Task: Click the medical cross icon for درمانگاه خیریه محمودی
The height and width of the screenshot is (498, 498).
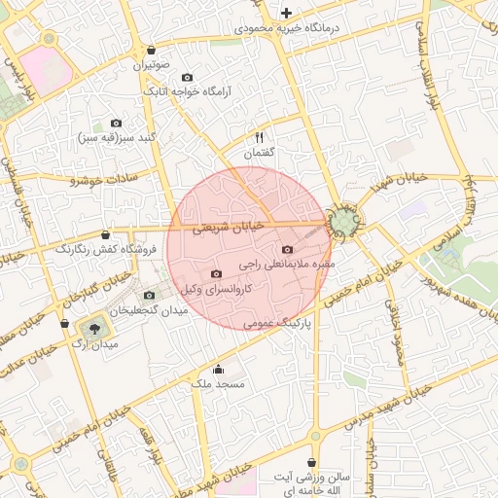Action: [x=286, y=13]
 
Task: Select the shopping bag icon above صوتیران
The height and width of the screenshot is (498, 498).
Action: [x=151, y=50]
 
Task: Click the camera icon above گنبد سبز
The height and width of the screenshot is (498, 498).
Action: [x=117, y=123]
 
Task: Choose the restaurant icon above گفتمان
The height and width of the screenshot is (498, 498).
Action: [x=259, y=137]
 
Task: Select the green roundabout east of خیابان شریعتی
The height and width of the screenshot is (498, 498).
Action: [x=342, y=223]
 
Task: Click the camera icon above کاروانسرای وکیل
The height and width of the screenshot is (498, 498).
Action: [x=216, y=273]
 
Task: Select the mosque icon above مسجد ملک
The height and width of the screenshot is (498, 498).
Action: [x=218, y=369]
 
